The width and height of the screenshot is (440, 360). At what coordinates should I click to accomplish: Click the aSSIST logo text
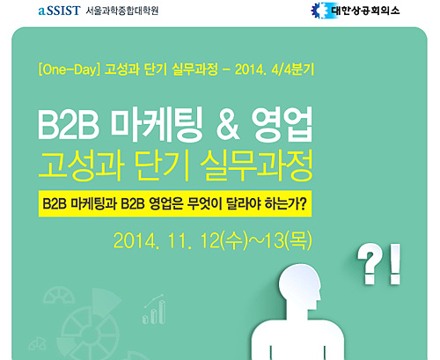tap(59, 11)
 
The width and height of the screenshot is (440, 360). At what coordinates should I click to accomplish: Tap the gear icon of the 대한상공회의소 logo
tap(319, 11)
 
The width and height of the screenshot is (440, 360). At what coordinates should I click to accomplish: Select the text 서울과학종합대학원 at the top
tap(122, 11)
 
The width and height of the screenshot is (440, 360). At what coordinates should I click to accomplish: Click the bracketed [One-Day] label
tap(70, 70)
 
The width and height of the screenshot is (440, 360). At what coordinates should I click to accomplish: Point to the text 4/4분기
tap(292, 70)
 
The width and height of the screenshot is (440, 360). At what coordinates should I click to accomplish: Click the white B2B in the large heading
tap(68, 126)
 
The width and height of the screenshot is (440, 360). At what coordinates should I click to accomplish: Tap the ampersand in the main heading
tap(228, 126)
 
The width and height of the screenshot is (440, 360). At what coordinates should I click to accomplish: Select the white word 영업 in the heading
tap(282, 125)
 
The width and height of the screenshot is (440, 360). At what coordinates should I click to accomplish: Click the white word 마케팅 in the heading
tap(157, 125)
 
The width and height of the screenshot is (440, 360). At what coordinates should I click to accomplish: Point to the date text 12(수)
tap(224, 241)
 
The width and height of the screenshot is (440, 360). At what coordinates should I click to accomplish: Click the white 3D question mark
tap(368, 263)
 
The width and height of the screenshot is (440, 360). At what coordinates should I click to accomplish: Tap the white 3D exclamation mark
tap(395, 264)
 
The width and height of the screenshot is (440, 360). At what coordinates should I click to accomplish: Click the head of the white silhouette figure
tap(300, 287)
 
